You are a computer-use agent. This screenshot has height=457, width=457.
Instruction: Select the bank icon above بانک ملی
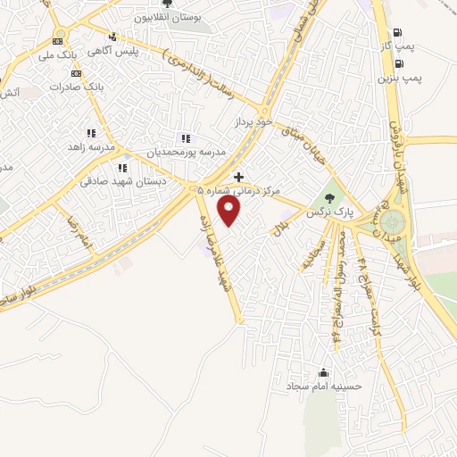click(x=59, y=41)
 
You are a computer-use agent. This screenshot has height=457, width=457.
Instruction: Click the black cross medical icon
click(x=238, y=177)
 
